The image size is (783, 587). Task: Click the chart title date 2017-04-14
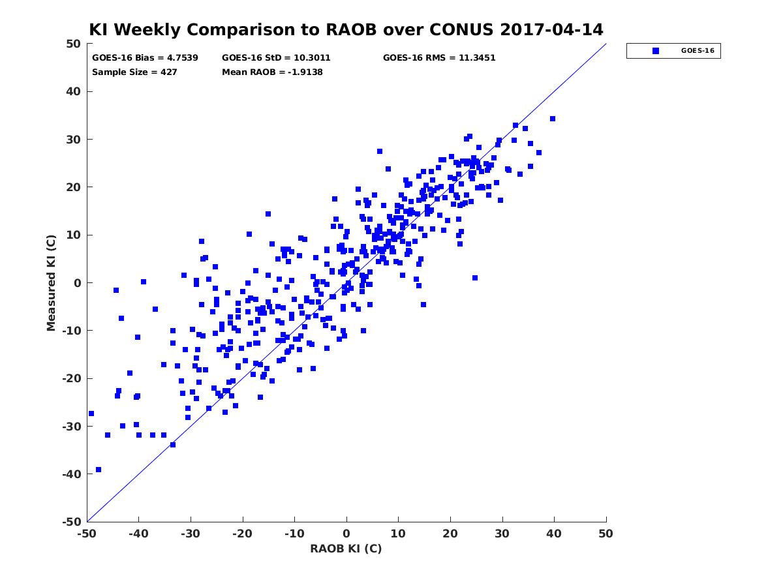tap(551, 29)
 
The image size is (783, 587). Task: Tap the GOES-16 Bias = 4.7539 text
tap(145, 58)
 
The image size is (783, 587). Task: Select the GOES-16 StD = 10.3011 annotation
tap(276, 58)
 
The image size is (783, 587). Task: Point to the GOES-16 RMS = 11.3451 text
tap(439, 58)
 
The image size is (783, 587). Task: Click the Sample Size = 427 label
tap(134, 72)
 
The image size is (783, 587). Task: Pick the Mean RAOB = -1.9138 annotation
tap(272, 72)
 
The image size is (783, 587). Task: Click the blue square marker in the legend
tap(656, 51)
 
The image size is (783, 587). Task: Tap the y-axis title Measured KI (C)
tap(51, 282)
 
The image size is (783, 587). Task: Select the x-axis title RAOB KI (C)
tap(346, 549)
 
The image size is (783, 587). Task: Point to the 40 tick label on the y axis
tap(74, 91)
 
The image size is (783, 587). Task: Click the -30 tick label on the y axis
tap(72, 427)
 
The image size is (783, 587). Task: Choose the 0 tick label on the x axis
tap(346, 534)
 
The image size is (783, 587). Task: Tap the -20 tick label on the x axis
tap(242, 534)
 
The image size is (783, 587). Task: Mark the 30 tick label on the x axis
tap(502, 534)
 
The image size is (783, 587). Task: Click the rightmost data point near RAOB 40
tap(553, 119)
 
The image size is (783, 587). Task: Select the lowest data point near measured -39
tap(99, 470)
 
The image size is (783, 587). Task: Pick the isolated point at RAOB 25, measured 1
tap(475, 278)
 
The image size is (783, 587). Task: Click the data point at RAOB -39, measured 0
tap(144, 282)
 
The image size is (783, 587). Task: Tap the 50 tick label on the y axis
tap(74, 44)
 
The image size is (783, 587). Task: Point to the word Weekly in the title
tap(149, 30)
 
